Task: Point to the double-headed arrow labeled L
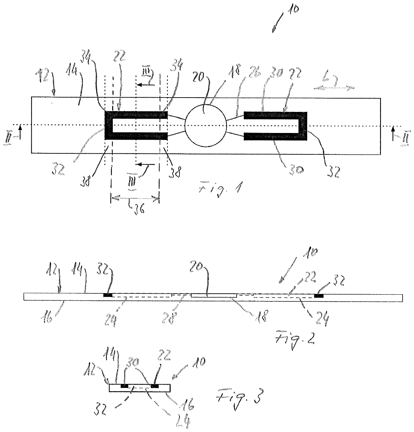(334, 88)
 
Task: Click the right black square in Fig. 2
(319, 295)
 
